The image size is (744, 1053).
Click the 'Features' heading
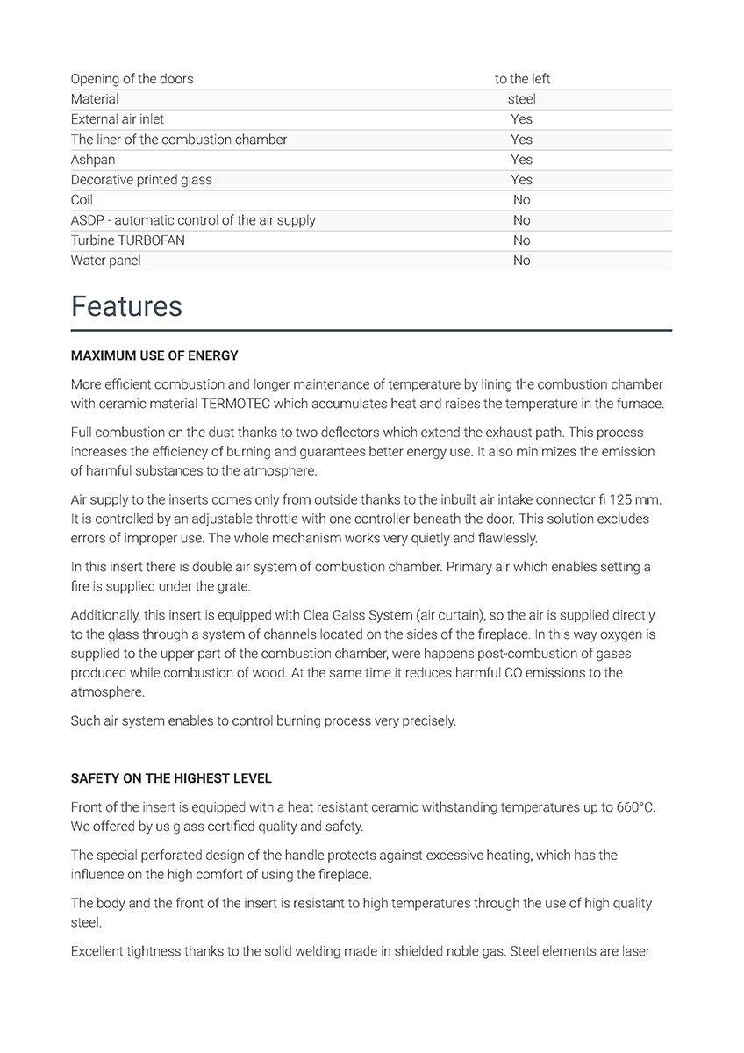point(126,306)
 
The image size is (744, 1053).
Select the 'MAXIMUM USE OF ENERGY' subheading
point(154,355)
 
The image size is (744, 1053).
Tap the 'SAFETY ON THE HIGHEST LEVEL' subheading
point(171,778)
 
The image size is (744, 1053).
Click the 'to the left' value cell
point(522,79)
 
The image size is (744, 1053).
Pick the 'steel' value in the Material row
point(522,99)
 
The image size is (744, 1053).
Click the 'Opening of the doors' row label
point(132,79)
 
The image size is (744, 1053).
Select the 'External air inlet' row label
point(118,119)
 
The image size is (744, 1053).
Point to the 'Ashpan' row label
point(93,160)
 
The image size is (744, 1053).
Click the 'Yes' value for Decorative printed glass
point(522,180)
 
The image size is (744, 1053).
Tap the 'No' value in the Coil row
point(522,200)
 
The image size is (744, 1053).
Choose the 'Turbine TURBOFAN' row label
point(128,240)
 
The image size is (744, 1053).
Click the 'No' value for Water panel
point(522,261)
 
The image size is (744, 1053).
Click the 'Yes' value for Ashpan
point(522,160)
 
